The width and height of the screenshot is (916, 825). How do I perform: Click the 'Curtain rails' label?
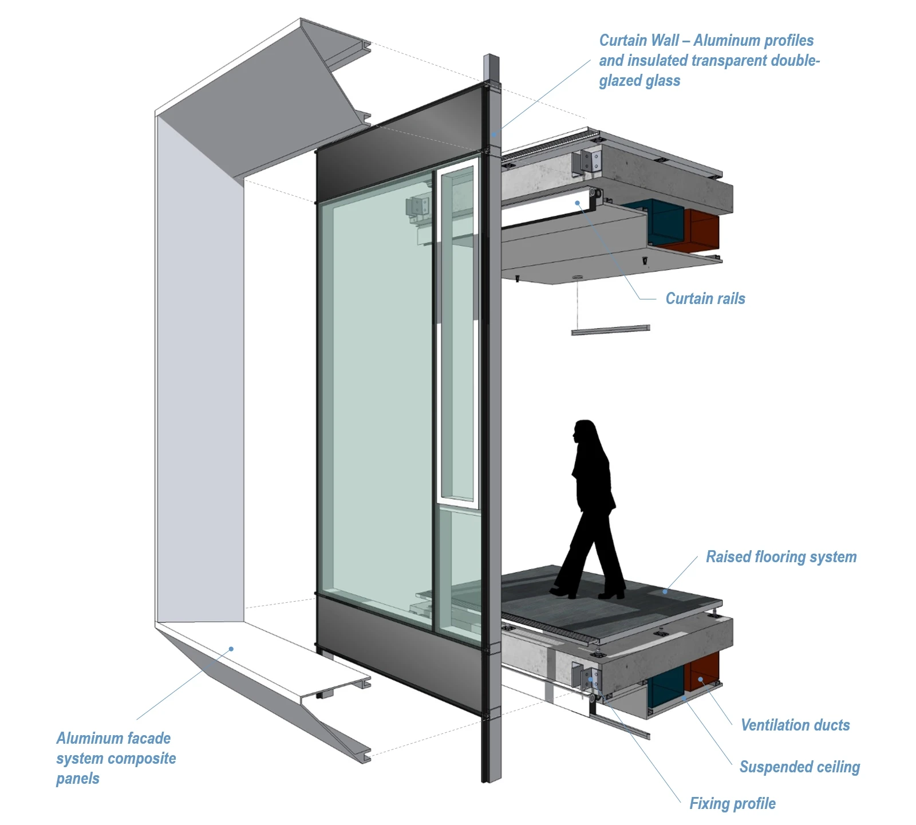click(x=705, y=298)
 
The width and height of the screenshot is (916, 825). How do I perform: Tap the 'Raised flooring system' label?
click(x=781, y=556)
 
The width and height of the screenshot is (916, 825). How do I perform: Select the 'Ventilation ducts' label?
click(x=795, y=725)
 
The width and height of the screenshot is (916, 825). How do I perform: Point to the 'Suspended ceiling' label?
click(x=799, y=767)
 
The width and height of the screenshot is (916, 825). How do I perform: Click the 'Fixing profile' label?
click(x=732, y=803)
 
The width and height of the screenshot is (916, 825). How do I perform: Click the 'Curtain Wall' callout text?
click(x=709, y=60)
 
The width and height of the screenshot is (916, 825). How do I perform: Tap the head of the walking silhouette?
click(x=585, y=432)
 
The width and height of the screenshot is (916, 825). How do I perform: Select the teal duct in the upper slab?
click(x=664, y=223)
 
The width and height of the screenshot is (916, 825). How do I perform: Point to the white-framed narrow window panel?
click(x=457, y=332)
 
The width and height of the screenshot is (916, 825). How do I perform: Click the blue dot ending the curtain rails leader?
click(x=578, y=203)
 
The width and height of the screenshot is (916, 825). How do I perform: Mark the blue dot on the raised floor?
click(x=665, y=591)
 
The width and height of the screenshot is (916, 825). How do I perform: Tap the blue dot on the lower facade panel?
click(x=231, y=649)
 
